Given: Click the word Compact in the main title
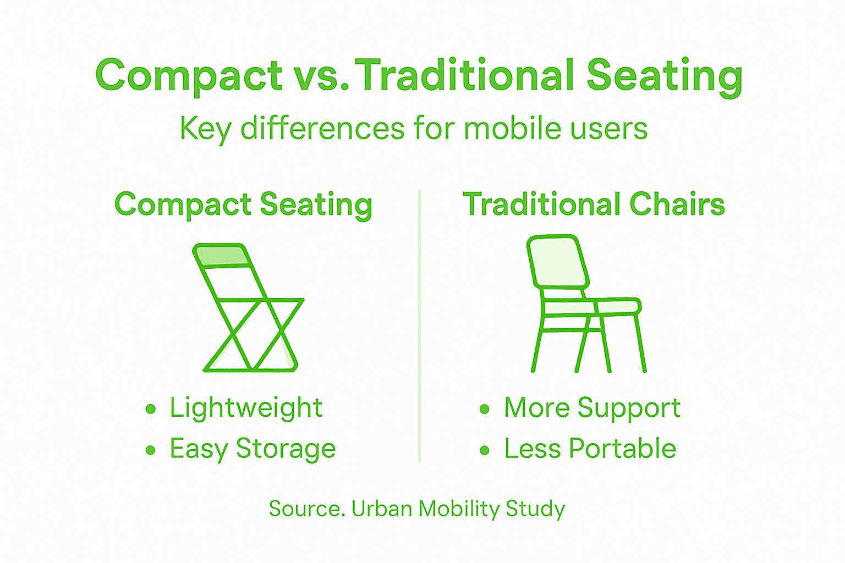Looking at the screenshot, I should click(189, 76).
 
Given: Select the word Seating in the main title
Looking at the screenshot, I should click(665, 76).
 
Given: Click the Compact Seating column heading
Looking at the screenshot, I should click(243, 205).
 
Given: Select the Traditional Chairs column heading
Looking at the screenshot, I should click(594, 205).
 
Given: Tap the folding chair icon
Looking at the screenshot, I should click(248, 308).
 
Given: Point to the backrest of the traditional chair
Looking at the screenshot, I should click(557, 262).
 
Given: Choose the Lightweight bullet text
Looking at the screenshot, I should click(245, 408).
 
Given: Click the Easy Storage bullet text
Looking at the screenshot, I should click(253, 449).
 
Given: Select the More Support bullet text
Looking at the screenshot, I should click(592, 408).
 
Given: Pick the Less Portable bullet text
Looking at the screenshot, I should click(590, 449).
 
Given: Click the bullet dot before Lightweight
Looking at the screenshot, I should click(151, 409).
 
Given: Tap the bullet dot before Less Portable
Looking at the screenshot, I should click(484, 451).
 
